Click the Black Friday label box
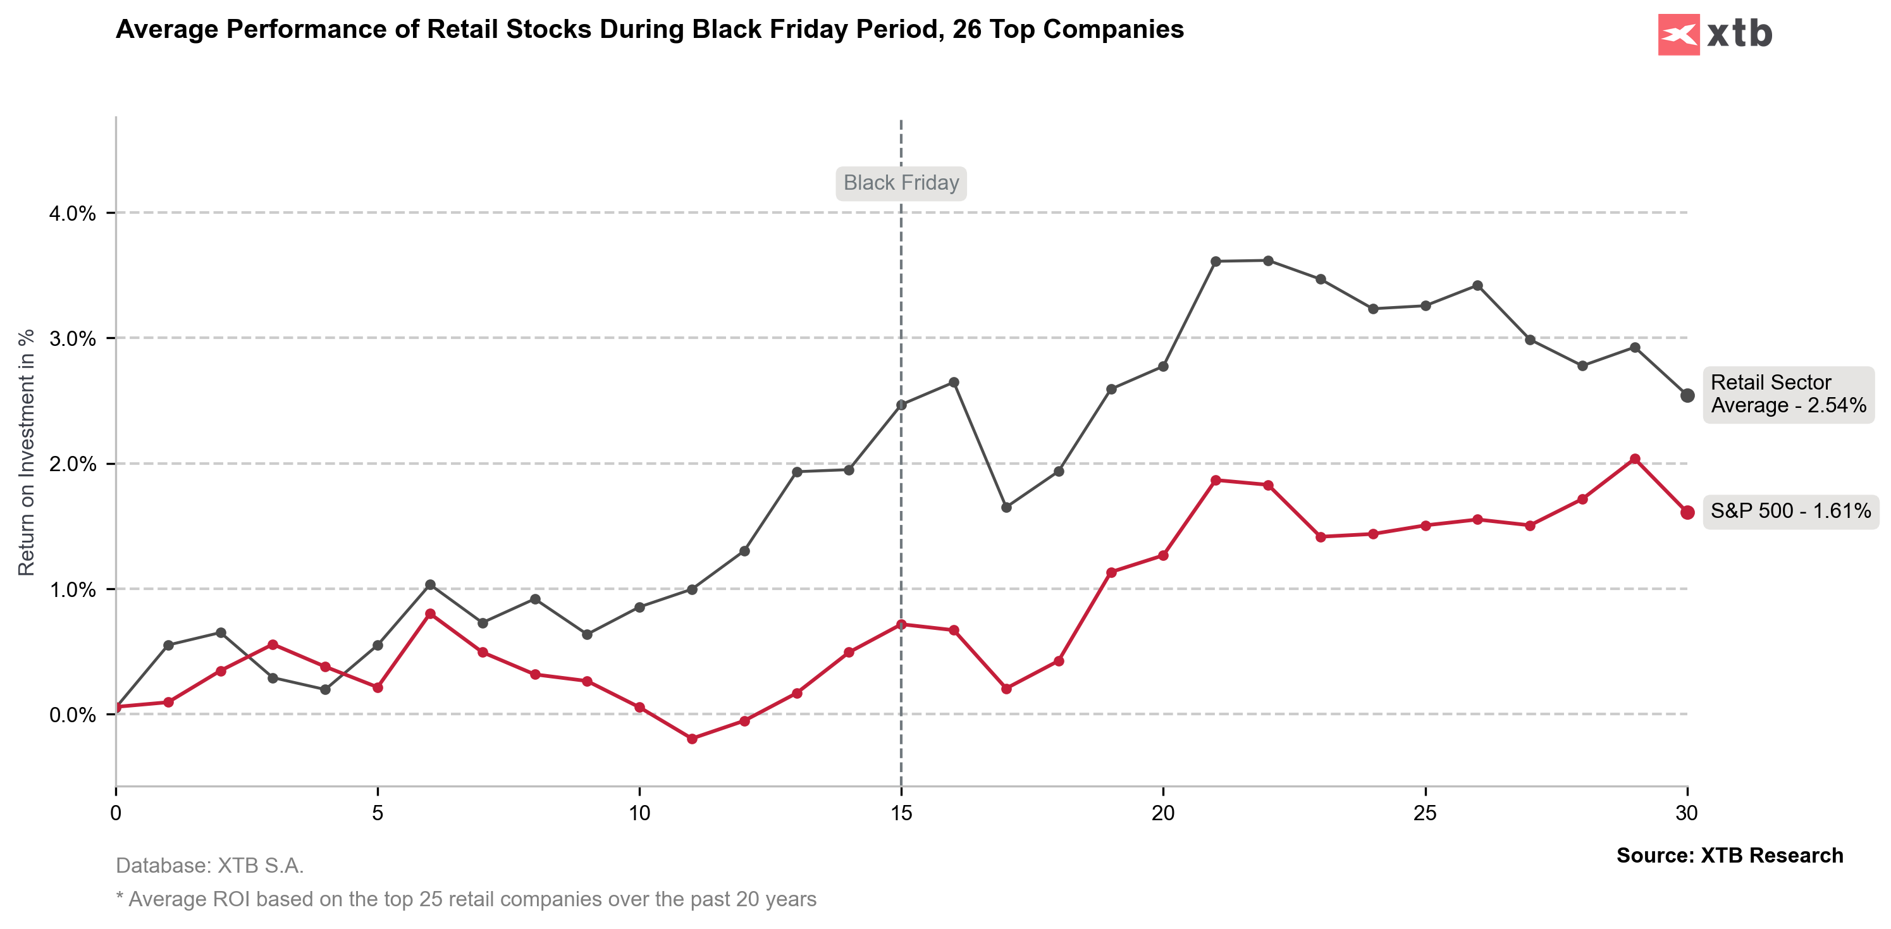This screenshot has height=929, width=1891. coord(901,183)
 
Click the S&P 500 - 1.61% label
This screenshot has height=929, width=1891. coord(1790,511)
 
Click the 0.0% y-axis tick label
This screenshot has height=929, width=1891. coord(73,715)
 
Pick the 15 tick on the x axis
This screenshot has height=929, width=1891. coord(901,813)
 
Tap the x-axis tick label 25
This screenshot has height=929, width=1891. coord(1425,813)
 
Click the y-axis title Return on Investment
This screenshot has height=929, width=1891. coord(27,452)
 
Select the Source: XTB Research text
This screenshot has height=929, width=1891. coord(1730,856)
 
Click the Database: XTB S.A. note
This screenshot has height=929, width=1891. coord(210,866)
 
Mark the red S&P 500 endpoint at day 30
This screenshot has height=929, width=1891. coord(1687,512)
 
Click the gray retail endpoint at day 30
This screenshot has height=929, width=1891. coord(1687,395)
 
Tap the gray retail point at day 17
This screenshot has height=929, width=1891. coord(1006,507)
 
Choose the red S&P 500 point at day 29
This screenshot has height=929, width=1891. coord(1635,459)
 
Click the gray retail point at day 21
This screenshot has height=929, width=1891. coord(1216,261)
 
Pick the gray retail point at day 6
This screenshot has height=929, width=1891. coord(430,585)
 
